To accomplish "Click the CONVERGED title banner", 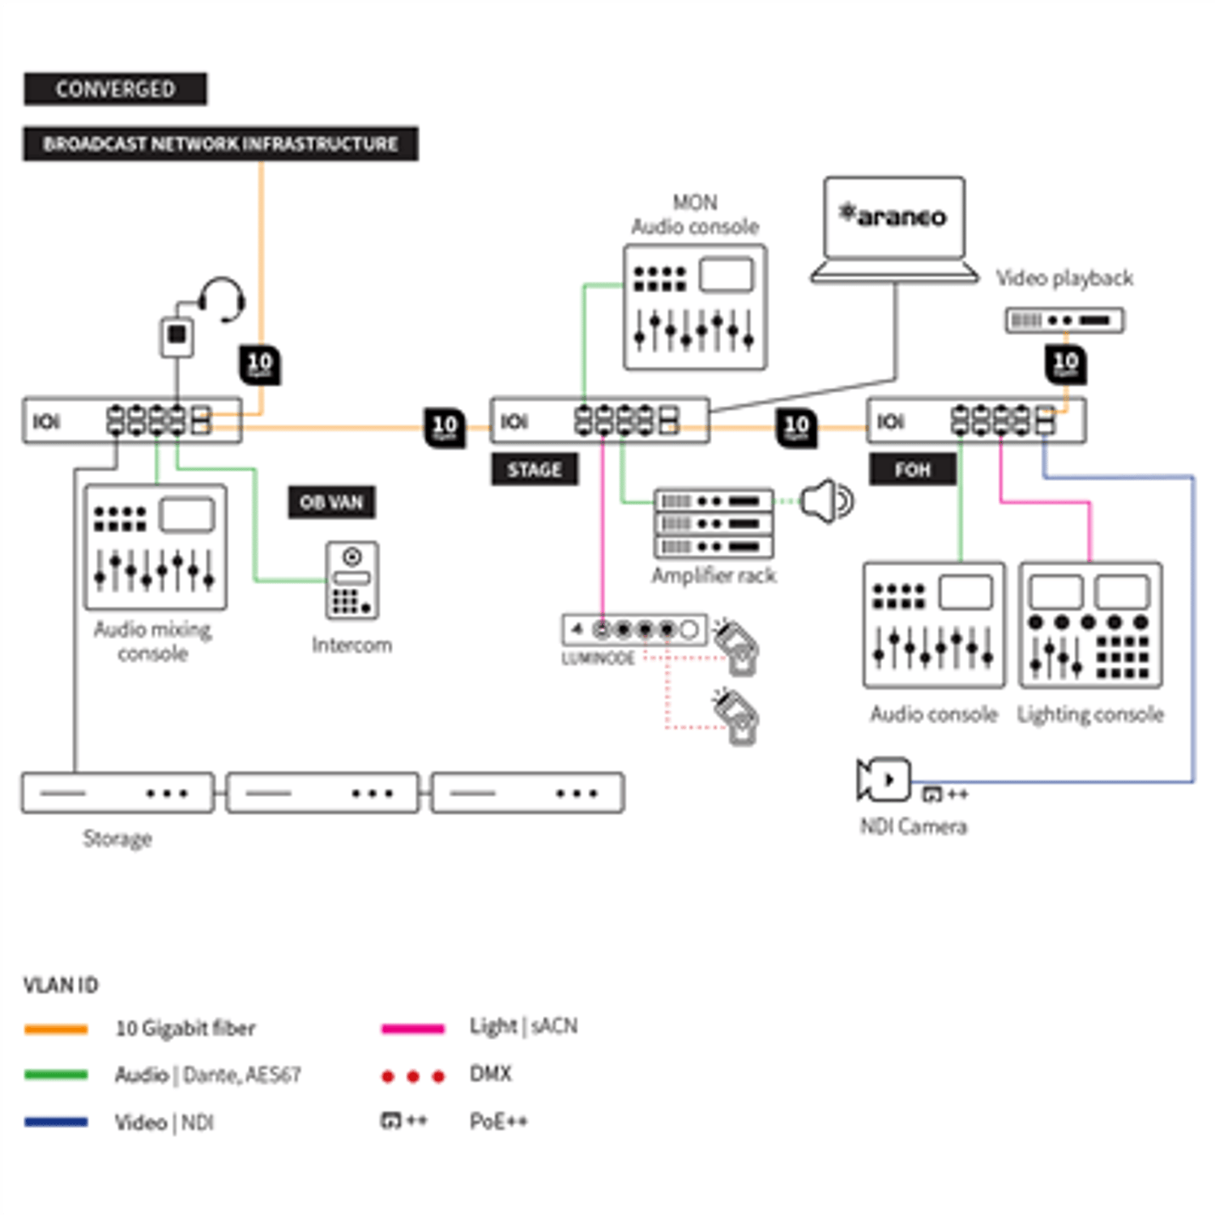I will pyautogui.click(x=115, y=89).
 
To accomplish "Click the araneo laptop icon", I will pyautogui.click(x=894, y=229).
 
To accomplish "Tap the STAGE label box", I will pyautogui.click(x=535, y=470).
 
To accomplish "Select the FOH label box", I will pyautogui.click(x=913, y=470).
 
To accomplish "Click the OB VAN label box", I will pyautogui.click(x=332, y=502).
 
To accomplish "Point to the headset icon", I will pyautogui.click(x=222, y=300).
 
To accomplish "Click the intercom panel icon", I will pyautogui.click(x=352, y=581).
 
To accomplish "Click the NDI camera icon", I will pyautogui.click(x=883, y=779).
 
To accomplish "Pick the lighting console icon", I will pyautogui.click(x=1090, y=625).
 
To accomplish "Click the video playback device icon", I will pyautogui.click(x=1064, y=320).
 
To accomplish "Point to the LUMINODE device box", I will pyautogui.click(x=634, y=629).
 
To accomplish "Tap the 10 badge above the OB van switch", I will pyautogui.click(x=260, y=364).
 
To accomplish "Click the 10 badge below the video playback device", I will pyautogui.click(x=1065, y=364).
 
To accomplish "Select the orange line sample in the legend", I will pyautogui.click(x=56, y=1030).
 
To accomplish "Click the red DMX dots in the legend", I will pyautogui.click(x=413, y=1076).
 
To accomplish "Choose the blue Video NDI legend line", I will pyautogui.click(x=56, y=1123).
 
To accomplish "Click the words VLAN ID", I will pyautogui.click(x=61, y=986).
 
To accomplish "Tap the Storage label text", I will pyautogui.click(x=117, y=838).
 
